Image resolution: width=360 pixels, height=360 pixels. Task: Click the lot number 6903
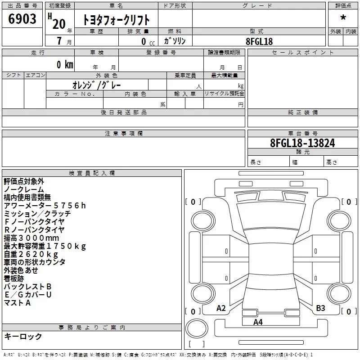click(22, 19)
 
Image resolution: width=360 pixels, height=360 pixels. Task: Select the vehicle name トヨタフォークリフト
click(116, 20)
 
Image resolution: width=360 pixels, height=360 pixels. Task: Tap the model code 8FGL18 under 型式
click(259, 41)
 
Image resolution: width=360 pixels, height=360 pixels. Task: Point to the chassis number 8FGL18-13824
click(302, 143)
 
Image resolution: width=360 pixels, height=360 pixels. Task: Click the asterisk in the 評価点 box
click(343, 18)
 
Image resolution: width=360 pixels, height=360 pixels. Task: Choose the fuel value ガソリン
click(175, 41)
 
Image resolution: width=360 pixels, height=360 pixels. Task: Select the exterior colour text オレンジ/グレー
click(97, 85)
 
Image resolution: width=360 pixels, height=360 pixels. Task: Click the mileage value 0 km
click(65, 65)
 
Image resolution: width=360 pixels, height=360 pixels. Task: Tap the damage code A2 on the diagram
click(221, 308)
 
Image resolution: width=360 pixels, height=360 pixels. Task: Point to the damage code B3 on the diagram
click(320, 308)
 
